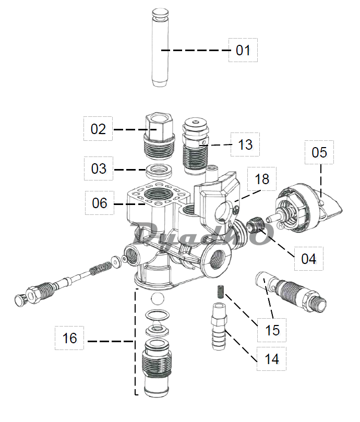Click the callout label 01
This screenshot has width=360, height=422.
pyautogui.click(x=243, y=50)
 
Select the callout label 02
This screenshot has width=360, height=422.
pyautogui.click(x=99, y=129)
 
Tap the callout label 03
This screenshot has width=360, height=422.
pyautogui.click(x=99, y=168)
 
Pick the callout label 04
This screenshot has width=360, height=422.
pyautogui.click(x=308, y=258)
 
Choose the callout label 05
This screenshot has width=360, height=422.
pyautogui.click(x=319, y=152)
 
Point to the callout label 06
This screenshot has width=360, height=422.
pyautogui.click(x=99, y=203)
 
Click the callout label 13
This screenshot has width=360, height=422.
pyautogui.click(x=245, y=144)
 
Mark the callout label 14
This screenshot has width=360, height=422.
pyautogui.click(x=271, y=358)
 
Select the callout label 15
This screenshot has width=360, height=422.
pyautogui.click(x=272, y=330)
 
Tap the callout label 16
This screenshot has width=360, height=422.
pyautogui.click(x=69, y=338)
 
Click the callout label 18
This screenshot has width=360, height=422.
pyautogui.click(x=262, y=179)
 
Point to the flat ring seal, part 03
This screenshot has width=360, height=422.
pyautogui.click(x=157, y=170)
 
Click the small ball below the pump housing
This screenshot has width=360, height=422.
pyautogui.click(x=156, y=299)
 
